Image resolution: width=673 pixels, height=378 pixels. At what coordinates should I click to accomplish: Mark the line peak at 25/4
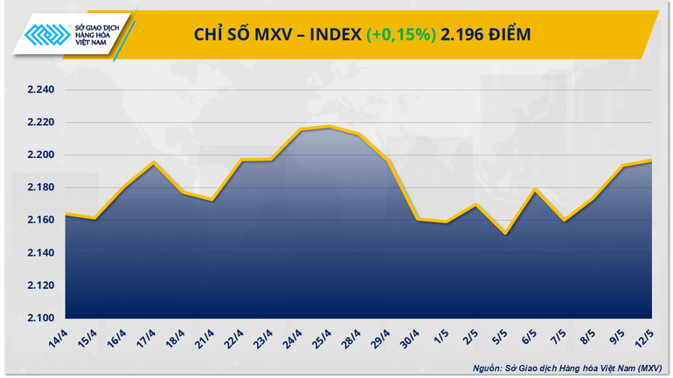coord(329,127)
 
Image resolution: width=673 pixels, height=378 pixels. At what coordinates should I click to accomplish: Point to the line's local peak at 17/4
coord(154,162)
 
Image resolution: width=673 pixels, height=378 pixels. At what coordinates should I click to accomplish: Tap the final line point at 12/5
coord(652,161)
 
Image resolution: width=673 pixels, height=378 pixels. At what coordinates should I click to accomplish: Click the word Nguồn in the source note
coord(484,368)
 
